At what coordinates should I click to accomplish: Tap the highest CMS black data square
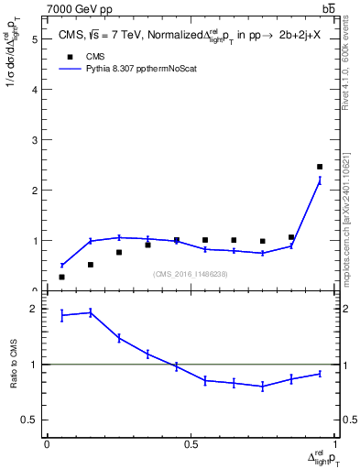tap(320, 167)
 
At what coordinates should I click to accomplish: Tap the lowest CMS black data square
tap(61, 277)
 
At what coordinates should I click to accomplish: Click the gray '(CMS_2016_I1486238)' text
tap(191, 273)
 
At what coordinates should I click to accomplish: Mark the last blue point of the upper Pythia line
tap(320, 180)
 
